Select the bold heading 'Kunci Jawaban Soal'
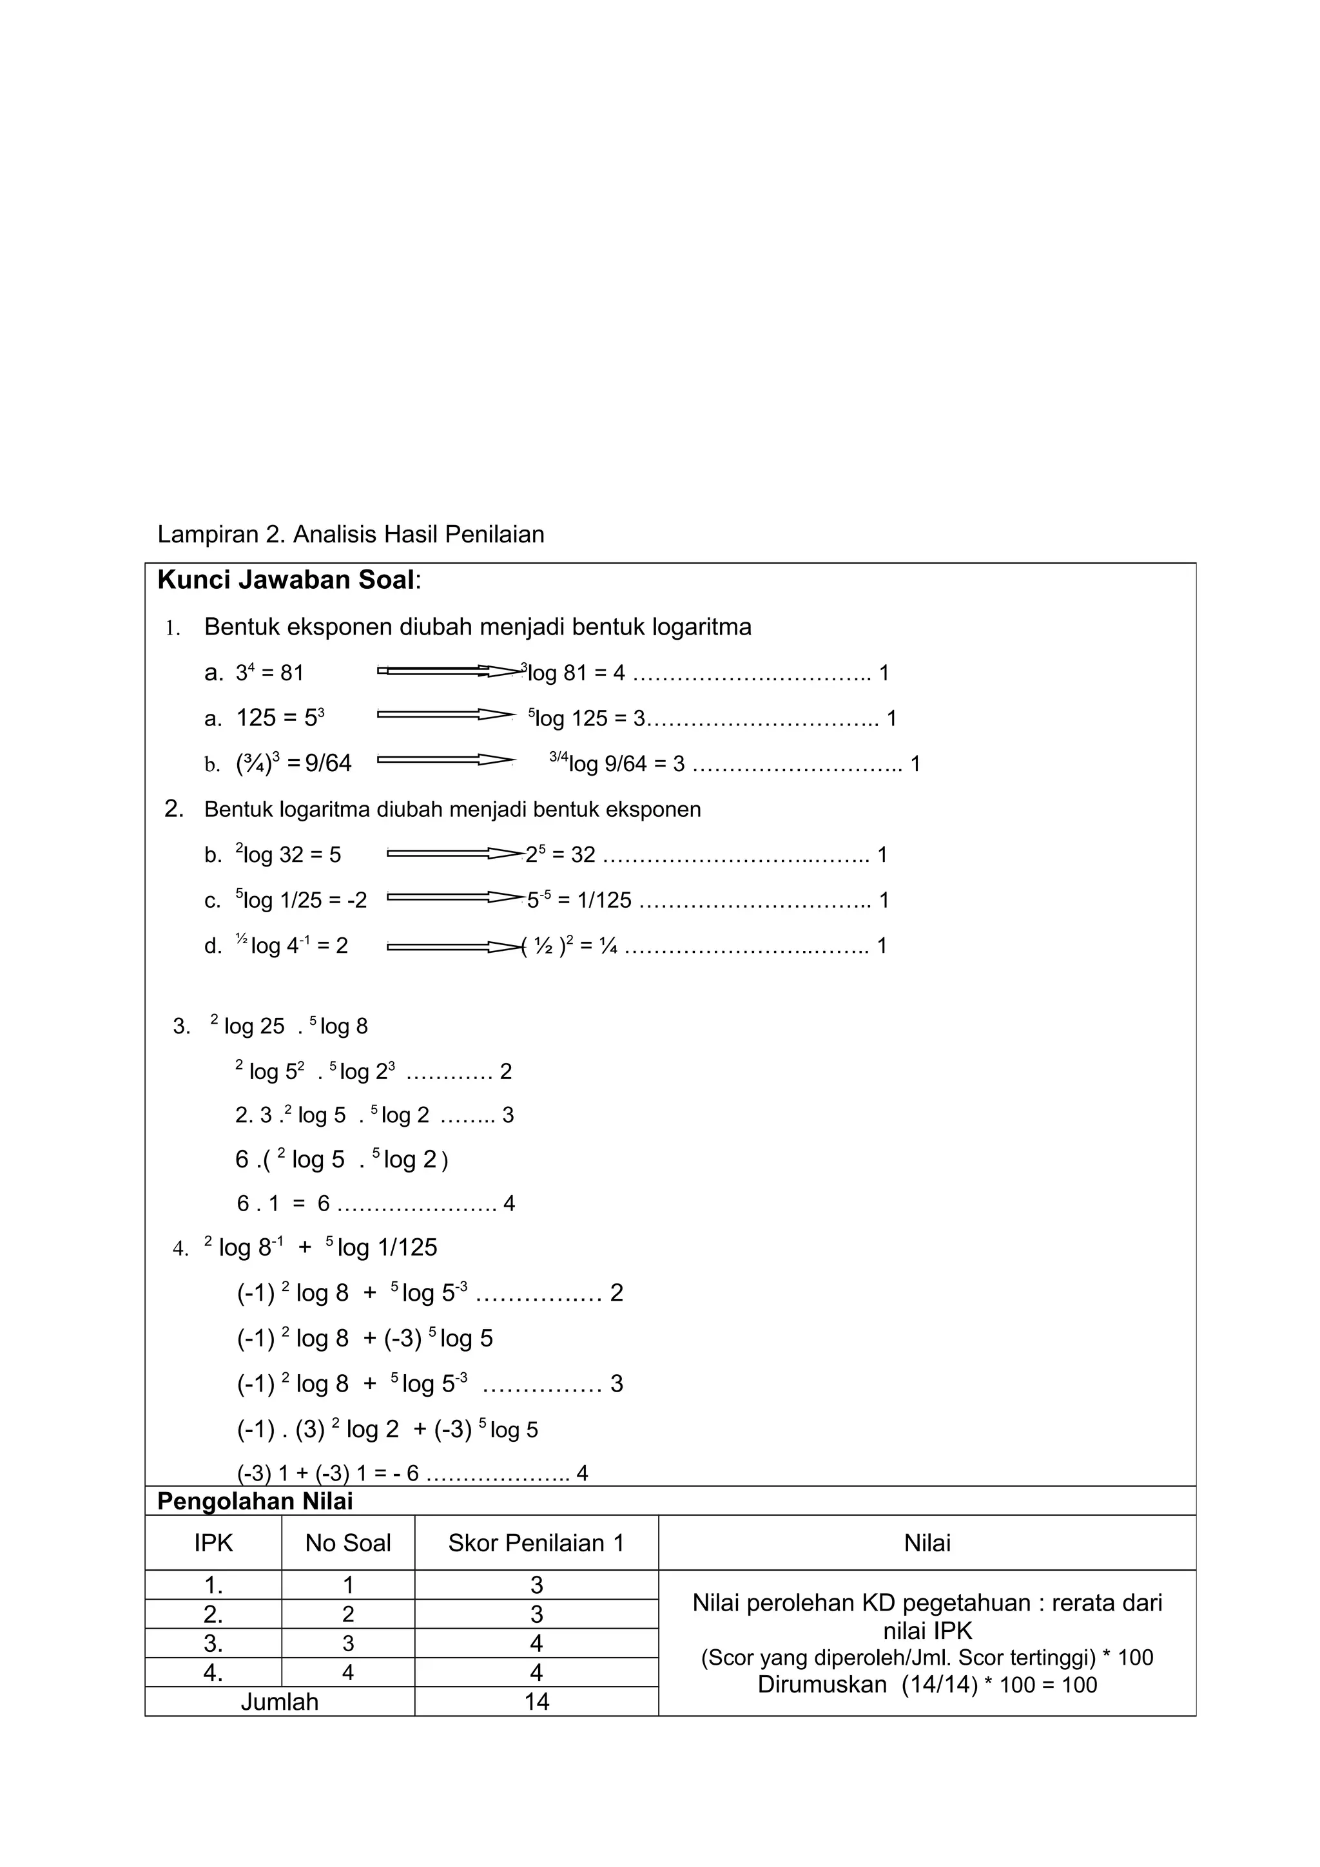tap(286, 580)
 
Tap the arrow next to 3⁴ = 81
tap(450, 671)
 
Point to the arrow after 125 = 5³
tap(445, 714)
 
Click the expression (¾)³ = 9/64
tap(294, 763)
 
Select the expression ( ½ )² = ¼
tap(569, 946)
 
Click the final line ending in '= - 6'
tap(328, 1473)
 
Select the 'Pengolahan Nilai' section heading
tap(255, 1501)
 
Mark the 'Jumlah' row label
tap(279, 1702)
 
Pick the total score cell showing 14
tap(536, 1702)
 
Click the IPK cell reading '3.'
tap(213, 1643)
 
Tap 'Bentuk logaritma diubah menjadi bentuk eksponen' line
tap(452, 809)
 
